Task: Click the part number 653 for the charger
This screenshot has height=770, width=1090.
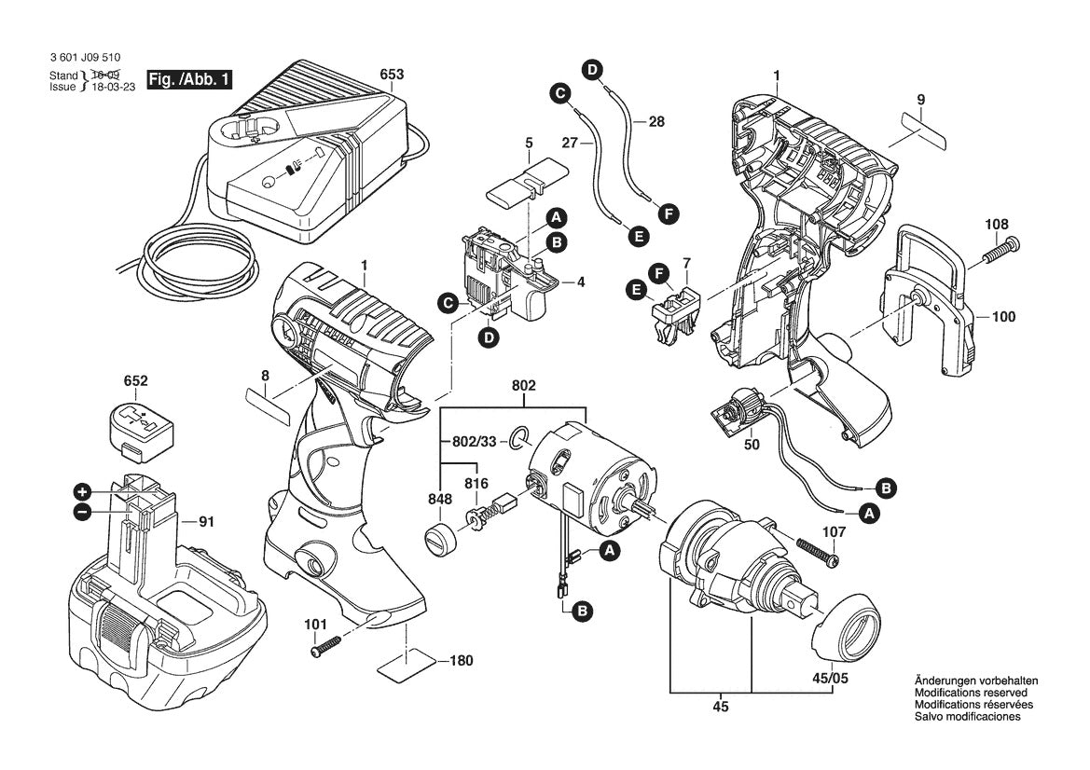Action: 392,75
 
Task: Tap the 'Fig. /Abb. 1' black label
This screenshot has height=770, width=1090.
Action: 189,81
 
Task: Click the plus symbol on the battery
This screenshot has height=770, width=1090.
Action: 82,491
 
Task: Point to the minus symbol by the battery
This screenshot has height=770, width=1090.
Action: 82,511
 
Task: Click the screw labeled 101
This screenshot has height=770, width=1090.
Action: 325,644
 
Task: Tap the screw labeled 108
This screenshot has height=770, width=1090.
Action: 1000,248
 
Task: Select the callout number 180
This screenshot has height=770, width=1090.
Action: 460,660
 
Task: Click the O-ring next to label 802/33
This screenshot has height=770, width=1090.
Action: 520,434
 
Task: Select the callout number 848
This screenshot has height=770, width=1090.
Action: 440,499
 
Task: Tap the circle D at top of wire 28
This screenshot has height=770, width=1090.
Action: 592,68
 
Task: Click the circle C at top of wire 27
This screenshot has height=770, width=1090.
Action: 559,93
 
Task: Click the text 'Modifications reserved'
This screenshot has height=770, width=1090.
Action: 971,694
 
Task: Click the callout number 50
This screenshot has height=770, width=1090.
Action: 752,445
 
